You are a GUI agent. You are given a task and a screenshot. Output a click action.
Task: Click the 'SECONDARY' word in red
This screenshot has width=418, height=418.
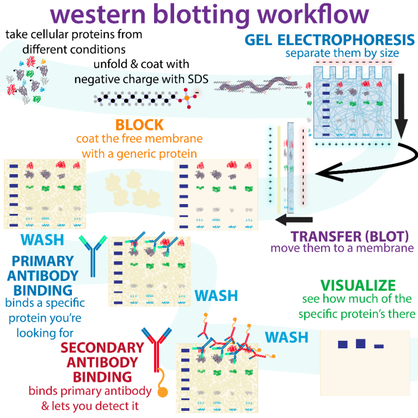pyautogui.click(x=102, y=348)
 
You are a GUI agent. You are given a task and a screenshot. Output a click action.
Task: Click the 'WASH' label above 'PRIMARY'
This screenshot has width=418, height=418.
pyautogui.click(x=42, y=240)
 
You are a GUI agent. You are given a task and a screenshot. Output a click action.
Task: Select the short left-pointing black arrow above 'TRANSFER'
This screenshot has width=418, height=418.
pyautogui.click(x=294, y=220)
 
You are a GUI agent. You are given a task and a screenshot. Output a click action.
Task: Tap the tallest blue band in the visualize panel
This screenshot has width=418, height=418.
pyautogui.click(x=360, y=343)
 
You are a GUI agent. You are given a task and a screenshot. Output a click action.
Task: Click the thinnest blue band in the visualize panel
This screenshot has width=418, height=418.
pyautogui.click(x=379, y=346)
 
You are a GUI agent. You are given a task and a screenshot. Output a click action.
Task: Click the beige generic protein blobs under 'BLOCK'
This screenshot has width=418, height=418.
pyautogui.click(x=131, y=188)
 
